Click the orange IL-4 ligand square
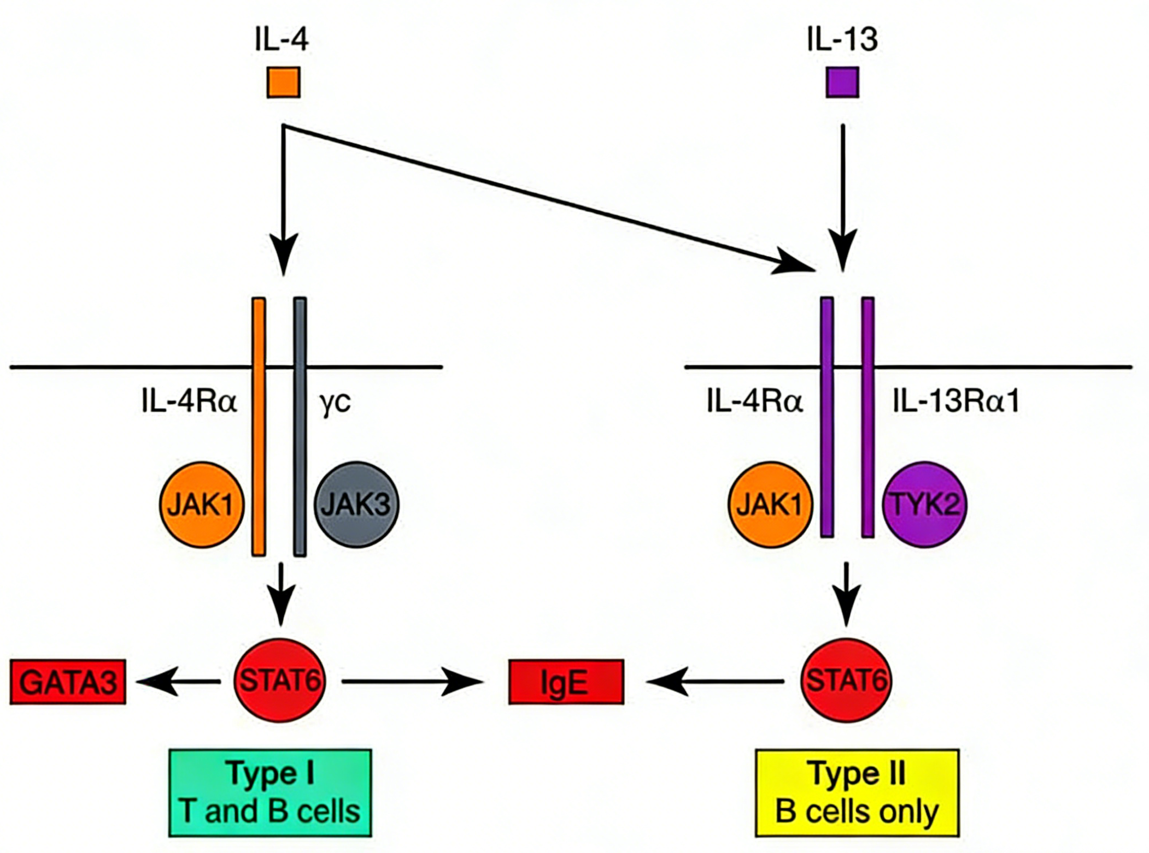coord(283,82)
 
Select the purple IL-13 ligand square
coord(842,82)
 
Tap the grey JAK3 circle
coord(356,505)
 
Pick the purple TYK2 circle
coord(924,505)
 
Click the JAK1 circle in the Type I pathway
coord(202,505)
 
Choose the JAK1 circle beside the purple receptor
coord(770,505)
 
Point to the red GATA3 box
coord(68,682)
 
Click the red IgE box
coord(566,682)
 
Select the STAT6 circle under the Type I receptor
coord(279,680)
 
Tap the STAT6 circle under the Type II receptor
coord(846,680)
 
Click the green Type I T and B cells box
coord(270,792)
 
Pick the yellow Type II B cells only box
coord(857,792)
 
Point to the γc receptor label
coord(335,402)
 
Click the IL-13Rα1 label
coord(956,402)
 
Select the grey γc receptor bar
coord(300,426)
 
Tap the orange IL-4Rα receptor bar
coord(259,426)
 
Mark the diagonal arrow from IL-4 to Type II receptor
coord(547,197)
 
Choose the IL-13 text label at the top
coord(842,39)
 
